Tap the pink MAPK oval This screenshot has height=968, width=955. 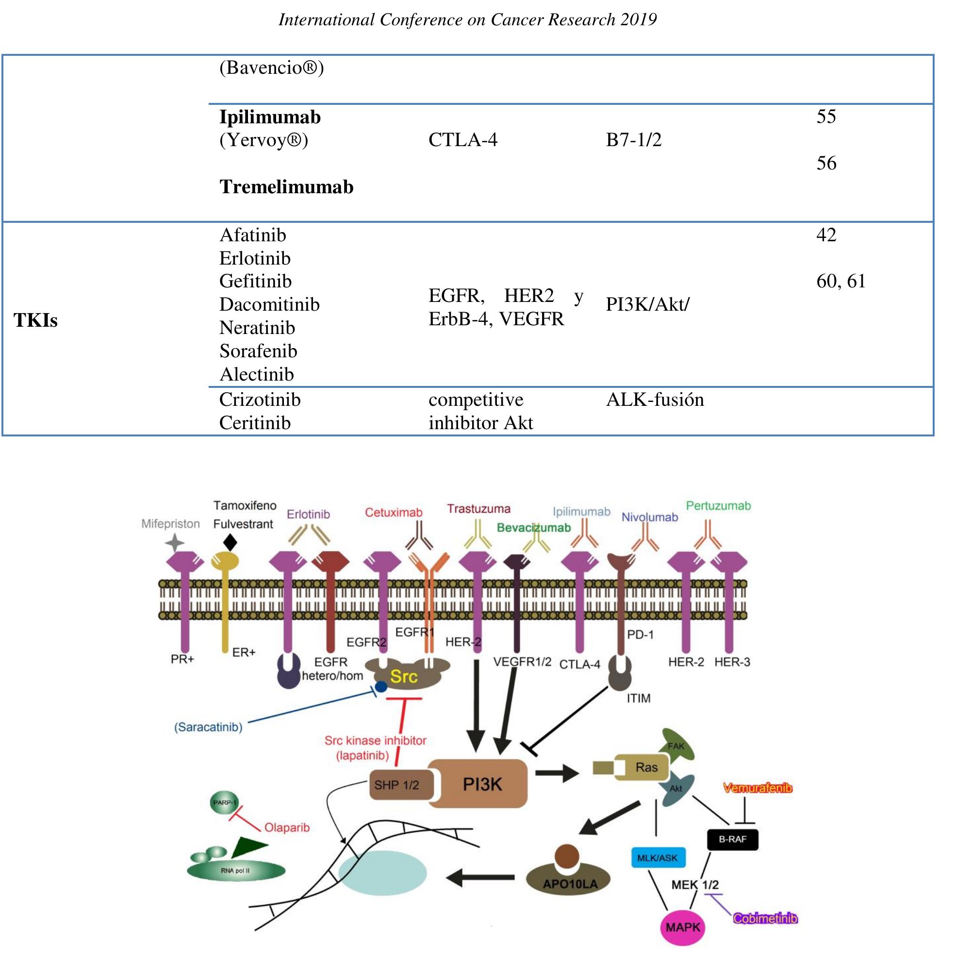pyautogui.click(x=683, y=927)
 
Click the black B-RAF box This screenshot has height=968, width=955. pyautogui.click(x=733, y=839)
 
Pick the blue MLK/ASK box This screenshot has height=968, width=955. pyautogui.click(x=657, y=858)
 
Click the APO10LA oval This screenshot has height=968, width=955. pyautogui.click(x=570, y=884)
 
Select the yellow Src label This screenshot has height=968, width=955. pyautogui.click(x=404, y=676)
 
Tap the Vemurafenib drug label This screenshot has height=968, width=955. pyautogui.click(x=757, y=788)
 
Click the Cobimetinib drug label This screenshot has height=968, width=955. pyautogui.click(x=765, y=918)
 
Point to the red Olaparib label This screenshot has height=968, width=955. pyautogui.click(x=287, y=827)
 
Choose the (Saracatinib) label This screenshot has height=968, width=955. pyautogui.click(x=208, y=727)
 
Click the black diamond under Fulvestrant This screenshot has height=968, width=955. pyautogui.click(x=230, y=543)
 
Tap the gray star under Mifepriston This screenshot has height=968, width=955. pyautogui.click(x=175, y=543)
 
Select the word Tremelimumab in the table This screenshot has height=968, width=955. pyautogui.click(x=286, y=187)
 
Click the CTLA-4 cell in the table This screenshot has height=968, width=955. pyautogui.click(x=463, y=139)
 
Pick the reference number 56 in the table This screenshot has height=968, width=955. pyautogui.click(x=826, y=163)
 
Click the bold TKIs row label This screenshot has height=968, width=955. pyautogui.click(x=35, y=321)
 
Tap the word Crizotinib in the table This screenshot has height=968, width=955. pyautogui.click(x=260, y=400)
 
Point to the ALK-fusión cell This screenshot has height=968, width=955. pyautogui.click(x=655, y=400)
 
